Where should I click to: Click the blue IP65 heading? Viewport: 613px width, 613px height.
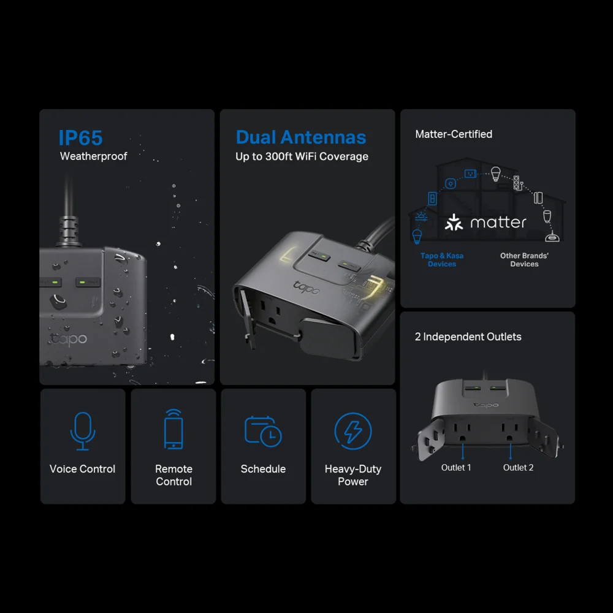coord(80,137)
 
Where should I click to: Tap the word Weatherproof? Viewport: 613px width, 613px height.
coord(93,156)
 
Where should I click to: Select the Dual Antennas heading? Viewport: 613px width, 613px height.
coord(301,137)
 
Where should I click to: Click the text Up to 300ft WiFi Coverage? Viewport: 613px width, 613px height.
coord(302,156)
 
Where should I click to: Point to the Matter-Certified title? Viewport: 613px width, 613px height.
coord(454,134)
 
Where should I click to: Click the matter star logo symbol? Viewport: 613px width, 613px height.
coord(454,222)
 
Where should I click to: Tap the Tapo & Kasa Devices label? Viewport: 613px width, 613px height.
coord(442,259)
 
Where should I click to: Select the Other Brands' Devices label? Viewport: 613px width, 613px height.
coord(524,259)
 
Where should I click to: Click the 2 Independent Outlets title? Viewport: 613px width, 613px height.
coord(468,337)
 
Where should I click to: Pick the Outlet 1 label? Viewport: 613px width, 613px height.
coord(456,468)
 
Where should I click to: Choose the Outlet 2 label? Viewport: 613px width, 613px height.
coord(518,468)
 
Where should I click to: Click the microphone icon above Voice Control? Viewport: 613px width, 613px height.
coord(83,431)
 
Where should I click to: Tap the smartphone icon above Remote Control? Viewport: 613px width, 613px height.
coord(173,429)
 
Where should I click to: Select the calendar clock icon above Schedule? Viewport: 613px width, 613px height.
coord(263,431)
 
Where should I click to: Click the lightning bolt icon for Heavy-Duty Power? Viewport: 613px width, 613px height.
coord(353,431)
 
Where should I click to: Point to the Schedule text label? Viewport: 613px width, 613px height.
coord(263,469)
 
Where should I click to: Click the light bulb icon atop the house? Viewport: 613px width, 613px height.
coord(496,174)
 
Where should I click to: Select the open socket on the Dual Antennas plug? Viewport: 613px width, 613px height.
coord(270,311)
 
